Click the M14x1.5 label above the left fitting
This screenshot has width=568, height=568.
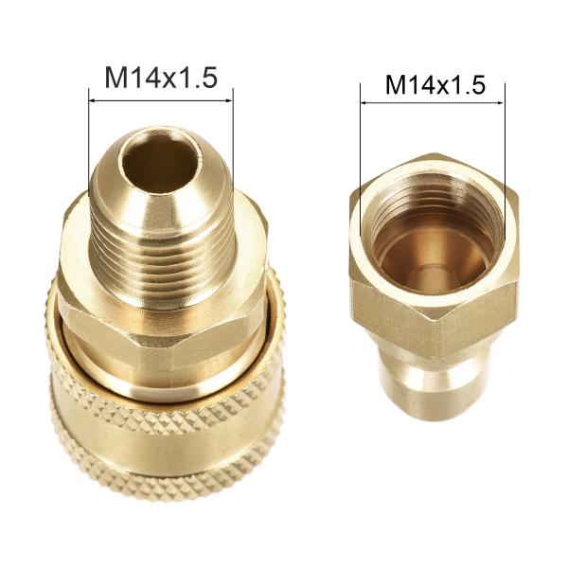click(x=161, y=78)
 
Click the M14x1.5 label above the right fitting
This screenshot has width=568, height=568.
click(x=435, y=85)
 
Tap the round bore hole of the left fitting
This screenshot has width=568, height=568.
click(x=162, y=162)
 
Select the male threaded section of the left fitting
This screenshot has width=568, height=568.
click(x=162, y=254)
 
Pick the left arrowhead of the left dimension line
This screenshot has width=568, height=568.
click(x=92, y=100)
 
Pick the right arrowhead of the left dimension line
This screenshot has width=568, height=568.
click(x=230, y=100)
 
